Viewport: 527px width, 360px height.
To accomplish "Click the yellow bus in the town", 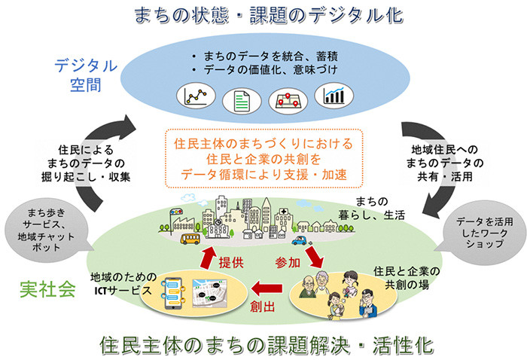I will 192,239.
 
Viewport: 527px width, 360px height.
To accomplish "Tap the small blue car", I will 300,243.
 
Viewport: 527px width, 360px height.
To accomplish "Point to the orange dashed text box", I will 263,160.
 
